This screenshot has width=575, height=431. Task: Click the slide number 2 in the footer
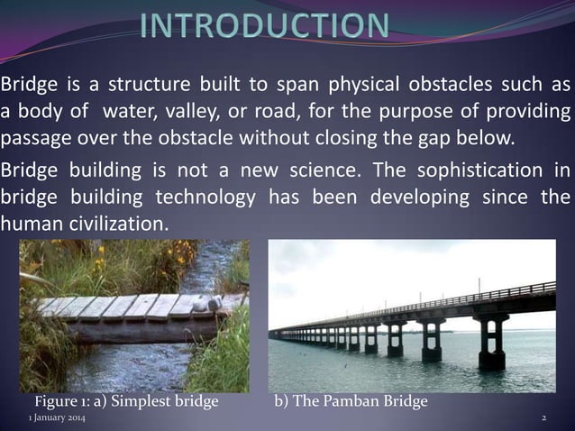543,420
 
